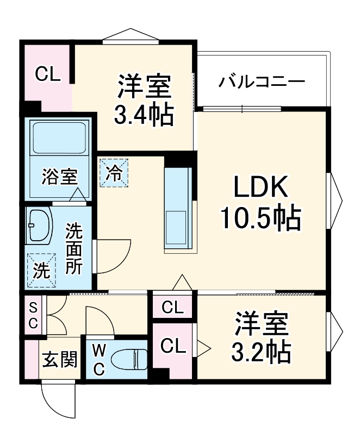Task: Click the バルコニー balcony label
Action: pos(262,83)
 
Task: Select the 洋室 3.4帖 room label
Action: pos(144,101)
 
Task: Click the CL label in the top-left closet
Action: pos(47,74)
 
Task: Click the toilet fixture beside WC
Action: pos(128,359)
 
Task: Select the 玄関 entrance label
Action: pos(60,359)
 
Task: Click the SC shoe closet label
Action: pos(33,316)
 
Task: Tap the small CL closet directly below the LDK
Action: pos(173,308)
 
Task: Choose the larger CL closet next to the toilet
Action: pos(173,346)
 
